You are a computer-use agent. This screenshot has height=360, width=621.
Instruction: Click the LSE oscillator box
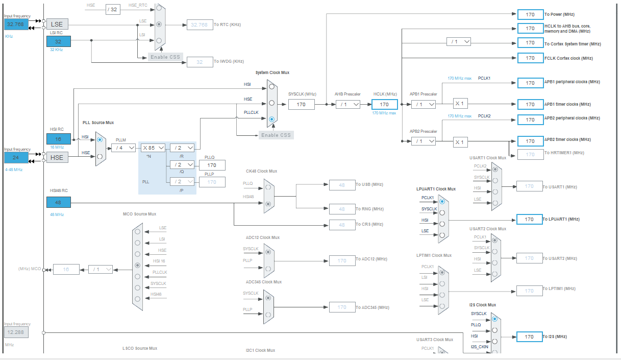pyautogui.click(x=57, y=24)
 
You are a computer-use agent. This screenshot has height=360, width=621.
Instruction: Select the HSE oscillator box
pyautogui.click(x=57, y=157)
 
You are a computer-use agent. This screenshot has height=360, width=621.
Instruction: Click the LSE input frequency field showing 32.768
pyautogui.click(x=16, y=24)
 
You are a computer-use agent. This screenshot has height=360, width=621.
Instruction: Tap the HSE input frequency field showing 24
pyautogui.click(x=16, y=157)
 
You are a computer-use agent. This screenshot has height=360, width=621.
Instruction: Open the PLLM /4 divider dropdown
pyautogui.click(x=123, y=148)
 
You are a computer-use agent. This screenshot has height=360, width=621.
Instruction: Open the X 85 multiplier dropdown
pyautogui.click(x=153, y=148)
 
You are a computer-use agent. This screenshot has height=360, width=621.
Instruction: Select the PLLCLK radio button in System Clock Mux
pyautogui.click(x=271, y=119)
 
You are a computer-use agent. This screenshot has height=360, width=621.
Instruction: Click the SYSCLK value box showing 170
pyautogui.click(x=301, y=104)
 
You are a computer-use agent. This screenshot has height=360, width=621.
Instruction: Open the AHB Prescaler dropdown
pyautogui.click(x=347, y=104)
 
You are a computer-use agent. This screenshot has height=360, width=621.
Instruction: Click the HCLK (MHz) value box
pyautogui.click(x=384, y=104)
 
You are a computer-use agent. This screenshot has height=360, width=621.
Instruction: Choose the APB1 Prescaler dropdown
pyautogui.click(x=424, y=104)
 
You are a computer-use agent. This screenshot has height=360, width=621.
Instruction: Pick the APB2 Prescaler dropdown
pyautogui.click(x=424, y=141)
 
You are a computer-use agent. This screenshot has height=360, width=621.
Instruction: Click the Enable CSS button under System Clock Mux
pyautogui.click(x=276, y=135)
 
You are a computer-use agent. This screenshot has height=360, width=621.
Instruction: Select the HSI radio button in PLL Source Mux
pyautogui.click(x=100, y=139)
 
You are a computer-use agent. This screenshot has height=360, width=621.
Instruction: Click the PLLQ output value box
pyautogui.click(x=212, y=165)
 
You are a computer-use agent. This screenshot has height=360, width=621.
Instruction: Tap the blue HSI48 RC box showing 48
pyautogui.click(x=58, y=202)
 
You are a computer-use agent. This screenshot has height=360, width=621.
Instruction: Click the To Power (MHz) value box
pyautogui.click(x=530, y=14)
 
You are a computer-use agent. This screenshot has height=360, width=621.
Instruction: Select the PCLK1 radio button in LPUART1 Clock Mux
pyautogui.click(x=442, y=202)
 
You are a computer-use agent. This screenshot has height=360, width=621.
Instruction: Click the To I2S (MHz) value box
pyautogui.click(x=529, y=337)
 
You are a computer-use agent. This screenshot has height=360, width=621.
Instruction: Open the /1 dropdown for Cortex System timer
pyautogui.click(x=458, y=42)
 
